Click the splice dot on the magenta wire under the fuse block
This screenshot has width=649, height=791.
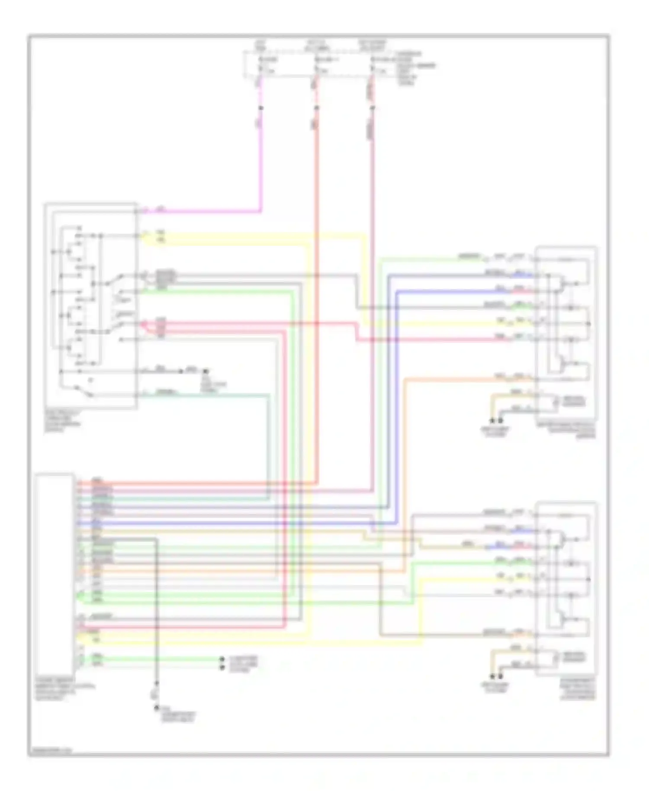260,108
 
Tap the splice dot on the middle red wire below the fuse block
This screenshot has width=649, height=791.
316,108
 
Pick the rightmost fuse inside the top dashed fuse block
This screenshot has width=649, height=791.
372,65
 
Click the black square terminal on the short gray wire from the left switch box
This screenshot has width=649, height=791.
206,371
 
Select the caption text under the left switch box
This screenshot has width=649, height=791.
63,421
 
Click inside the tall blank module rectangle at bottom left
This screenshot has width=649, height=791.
55,576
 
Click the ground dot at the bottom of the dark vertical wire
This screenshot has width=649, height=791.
156,708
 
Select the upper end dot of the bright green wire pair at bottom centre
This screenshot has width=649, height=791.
222,659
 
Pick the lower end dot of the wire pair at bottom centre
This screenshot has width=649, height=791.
222,668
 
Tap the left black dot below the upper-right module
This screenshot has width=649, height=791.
492,420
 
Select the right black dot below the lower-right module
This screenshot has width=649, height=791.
501,676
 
